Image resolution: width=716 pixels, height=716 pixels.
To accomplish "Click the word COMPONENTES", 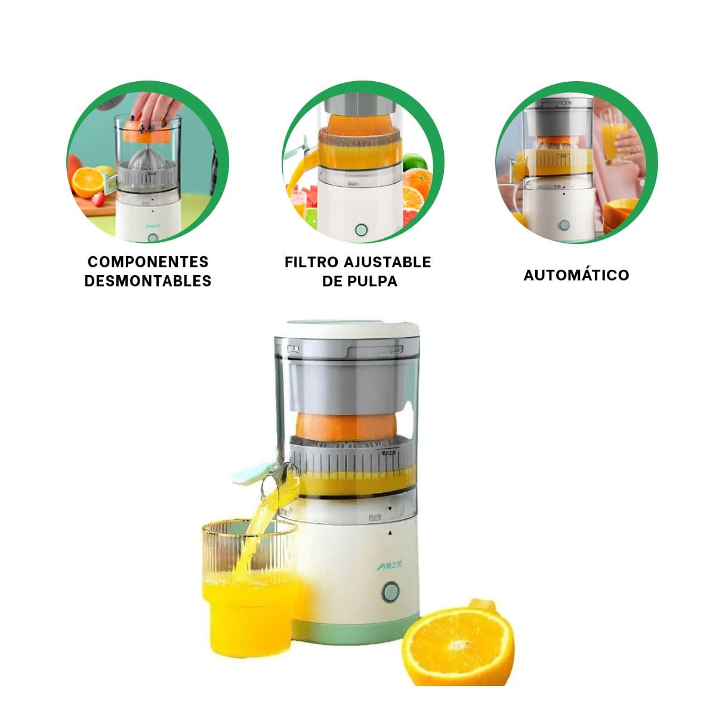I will [x=147, y=262].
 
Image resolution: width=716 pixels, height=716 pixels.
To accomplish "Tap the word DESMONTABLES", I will [x=147, y=281].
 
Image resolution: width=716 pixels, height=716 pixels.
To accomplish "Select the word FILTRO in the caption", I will [x=311, y=263].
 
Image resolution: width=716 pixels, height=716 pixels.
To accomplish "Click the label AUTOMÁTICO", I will [x=576, y=275].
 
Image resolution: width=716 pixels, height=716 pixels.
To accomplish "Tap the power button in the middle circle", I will [x=360, y=230].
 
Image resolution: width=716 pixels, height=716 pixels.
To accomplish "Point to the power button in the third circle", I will [x=564, y=225].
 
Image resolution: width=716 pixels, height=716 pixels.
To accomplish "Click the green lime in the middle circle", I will [x=416, y=162].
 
